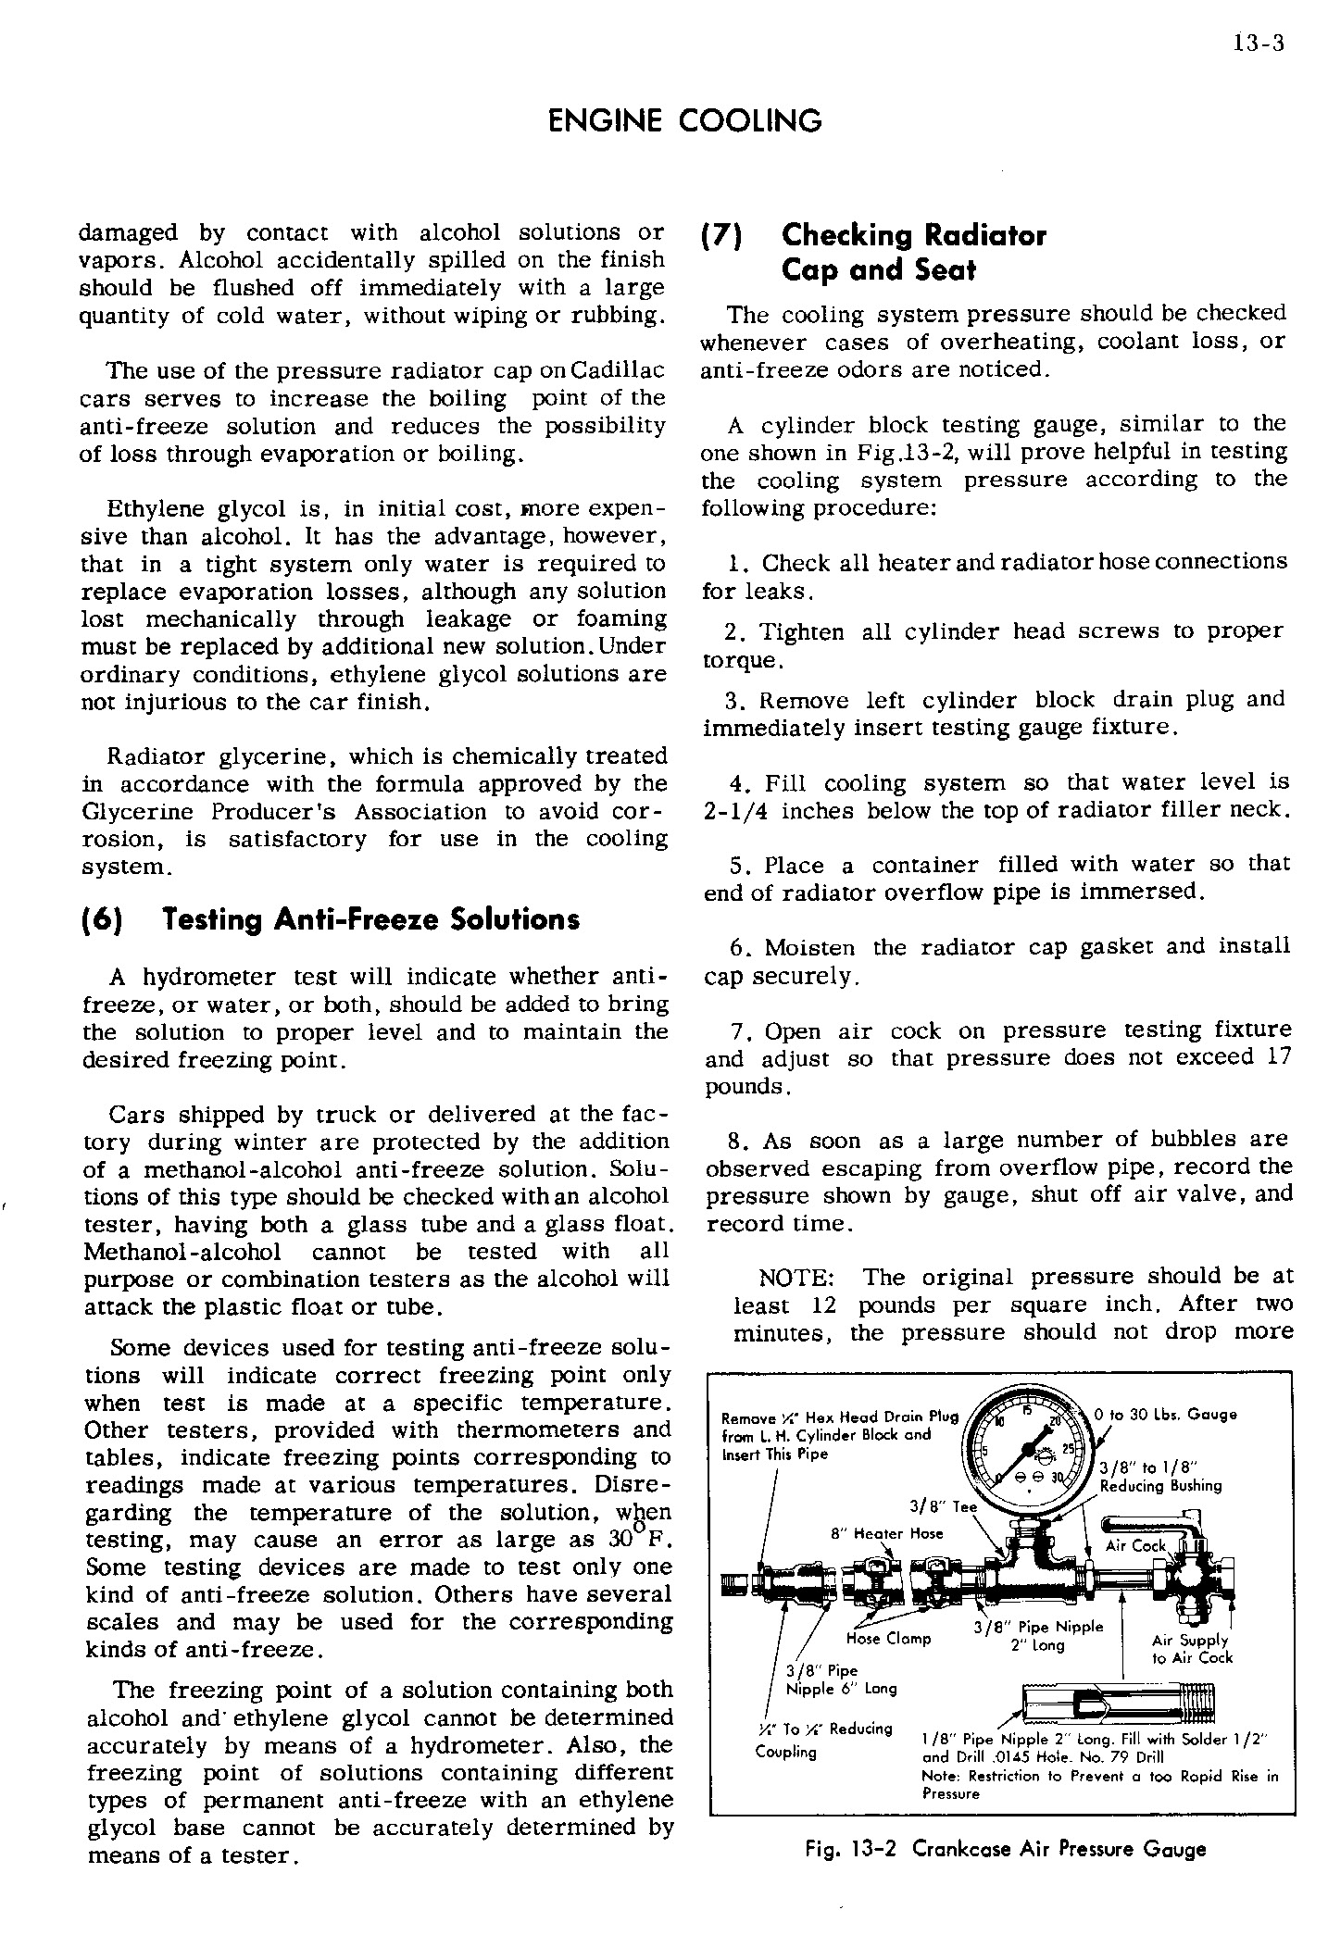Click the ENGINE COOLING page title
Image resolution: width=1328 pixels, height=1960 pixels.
684,120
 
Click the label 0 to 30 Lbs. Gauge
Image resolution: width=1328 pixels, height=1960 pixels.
1165,1415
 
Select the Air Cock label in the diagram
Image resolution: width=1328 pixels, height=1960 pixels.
1136,1545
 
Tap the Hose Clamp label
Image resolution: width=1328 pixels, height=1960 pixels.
888,1638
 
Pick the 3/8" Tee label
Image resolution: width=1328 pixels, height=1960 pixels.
943,1506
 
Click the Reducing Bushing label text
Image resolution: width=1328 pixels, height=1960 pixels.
1160,1485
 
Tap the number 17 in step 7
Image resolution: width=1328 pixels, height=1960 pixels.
1277,1057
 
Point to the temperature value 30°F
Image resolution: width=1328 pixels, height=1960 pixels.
634,1541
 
